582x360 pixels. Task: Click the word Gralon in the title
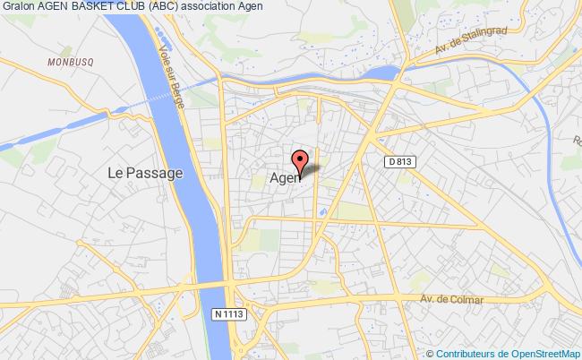18,8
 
